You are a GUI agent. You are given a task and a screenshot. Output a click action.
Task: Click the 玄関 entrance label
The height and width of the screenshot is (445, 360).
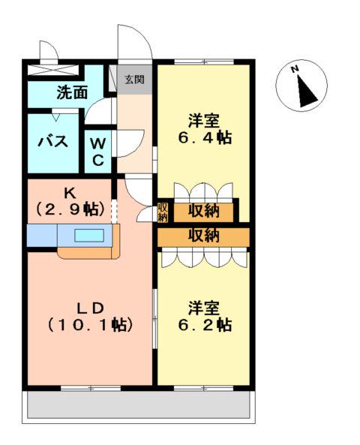click(x=135, y=80)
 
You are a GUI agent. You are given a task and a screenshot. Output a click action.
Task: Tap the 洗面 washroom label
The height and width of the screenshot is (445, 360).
click(x=72, y=92)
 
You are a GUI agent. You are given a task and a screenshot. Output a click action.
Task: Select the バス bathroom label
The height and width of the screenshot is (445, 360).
click(x=53, y=141)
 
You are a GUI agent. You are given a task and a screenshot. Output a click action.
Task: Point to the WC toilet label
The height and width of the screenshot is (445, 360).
click(x=98, y=152)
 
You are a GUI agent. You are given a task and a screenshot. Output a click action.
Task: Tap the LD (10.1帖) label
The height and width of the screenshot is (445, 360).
click(x=90, y=317)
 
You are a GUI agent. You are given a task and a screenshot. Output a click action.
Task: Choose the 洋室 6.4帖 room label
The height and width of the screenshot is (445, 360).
click(x=204, y=129)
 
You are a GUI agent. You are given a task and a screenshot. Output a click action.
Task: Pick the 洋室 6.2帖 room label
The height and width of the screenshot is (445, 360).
click(x=204, y=316)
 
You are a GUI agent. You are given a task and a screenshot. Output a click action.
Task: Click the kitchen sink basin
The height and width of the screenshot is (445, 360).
click(x=89, y=236)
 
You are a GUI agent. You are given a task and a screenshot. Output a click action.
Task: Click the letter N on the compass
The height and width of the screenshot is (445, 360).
click(x=295, y=69)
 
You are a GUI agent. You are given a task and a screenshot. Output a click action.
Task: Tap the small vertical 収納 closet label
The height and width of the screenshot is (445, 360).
click(x=163, y=213)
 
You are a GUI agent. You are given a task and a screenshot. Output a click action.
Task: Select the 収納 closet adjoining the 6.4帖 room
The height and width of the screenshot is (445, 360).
click(x=204, y=212)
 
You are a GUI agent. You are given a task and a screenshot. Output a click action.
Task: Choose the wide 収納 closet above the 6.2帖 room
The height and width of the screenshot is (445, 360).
click(x=204, y=236)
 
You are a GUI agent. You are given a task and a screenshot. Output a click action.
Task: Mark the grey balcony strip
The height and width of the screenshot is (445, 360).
click(x=139, y=404)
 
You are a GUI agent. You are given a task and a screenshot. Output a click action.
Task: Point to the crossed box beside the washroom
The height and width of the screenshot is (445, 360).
click(x=53, y=70)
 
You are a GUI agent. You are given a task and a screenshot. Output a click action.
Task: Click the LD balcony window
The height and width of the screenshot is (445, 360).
click(x=91, y=388)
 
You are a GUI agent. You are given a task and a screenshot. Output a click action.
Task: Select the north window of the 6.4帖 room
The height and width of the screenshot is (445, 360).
click(x=204, y=62)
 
